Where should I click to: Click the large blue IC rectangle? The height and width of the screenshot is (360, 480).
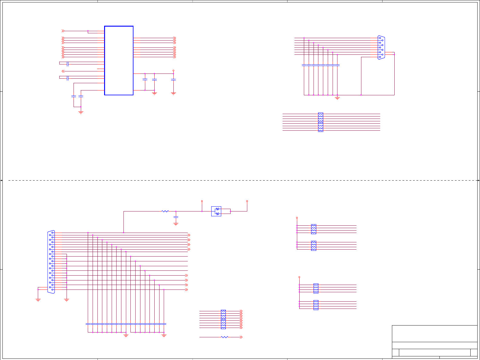[119, 61]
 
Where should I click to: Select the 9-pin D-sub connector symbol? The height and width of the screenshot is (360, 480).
[381, 47]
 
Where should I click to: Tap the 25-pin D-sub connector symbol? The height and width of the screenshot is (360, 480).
[51, 262]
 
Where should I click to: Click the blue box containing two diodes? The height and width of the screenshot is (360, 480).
[216, 211]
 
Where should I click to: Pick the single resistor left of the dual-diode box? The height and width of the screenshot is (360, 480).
[165, 211]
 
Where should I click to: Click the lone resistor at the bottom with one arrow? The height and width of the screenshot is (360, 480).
[225, 337]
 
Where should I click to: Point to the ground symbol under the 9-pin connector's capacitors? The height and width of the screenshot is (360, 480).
[337, 98]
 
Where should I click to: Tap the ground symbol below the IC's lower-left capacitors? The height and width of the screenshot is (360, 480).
[81, 112]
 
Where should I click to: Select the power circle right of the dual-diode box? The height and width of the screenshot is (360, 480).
[247, 201]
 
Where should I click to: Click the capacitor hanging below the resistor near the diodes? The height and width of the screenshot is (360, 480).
[176, 217]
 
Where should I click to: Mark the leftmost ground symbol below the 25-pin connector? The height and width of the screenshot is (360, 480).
[38, 300]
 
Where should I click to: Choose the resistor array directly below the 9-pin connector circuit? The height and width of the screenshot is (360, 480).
[321, 122]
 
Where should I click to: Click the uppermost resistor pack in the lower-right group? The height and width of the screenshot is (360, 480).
[314, 229]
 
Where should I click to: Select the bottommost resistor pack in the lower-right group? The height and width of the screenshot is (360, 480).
[316, 305]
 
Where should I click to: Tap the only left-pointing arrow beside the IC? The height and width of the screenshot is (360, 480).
[63, 71]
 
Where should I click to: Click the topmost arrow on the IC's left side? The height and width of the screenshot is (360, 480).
[63, 31]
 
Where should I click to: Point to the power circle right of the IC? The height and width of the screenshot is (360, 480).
[173, 70]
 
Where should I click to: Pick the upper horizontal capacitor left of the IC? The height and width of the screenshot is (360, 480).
[67, 64]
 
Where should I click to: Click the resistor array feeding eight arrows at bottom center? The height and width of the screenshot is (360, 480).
[223, 319]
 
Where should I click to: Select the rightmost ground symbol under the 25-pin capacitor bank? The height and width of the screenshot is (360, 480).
[164, 335]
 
